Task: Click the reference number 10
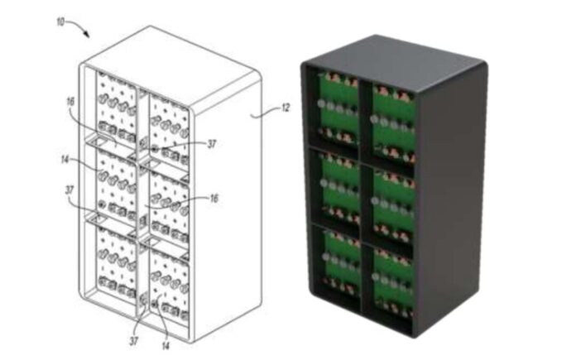pos(60,22)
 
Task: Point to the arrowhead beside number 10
pos(86,35)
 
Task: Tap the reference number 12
pos(285,108)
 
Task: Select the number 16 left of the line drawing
pos(70,102)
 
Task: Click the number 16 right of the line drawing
pos(214,199)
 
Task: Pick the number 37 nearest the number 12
pos(212,144)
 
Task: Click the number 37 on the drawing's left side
pos(69,190)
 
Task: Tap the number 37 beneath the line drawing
pos(134,341)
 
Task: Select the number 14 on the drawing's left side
pos(65,160)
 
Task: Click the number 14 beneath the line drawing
pos(166,346)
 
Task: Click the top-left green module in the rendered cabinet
pos(338,108)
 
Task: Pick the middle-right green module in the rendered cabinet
pos(393,204)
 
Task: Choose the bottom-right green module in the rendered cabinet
pos(392,281)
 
